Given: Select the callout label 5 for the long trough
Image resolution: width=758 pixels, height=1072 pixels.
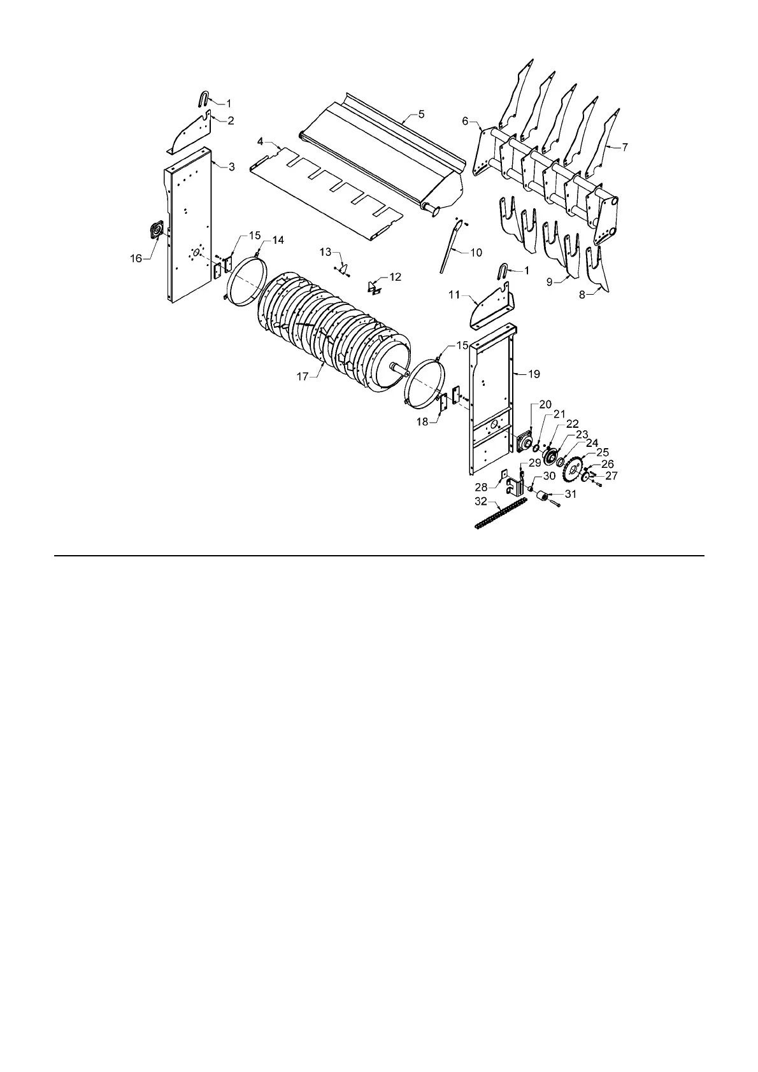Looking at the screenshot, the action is pos(421,114).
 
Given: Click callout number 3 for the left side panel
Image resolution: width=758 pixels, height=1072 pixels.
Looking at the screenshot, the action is pos(231,167).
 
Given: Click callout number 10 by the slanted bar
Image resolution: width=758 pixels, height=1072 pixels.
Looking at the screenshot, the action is pos(476,253).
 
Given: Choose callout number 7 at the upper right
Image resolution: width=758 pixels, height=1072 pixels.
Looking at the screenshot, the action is pos(625,147).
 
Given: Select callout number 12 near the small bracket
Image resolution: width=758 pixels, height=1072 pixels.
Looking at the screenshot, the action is pos(396,277).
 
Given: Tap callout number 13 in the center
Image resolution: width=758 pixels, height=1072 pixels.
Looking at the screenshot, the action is pos(326,252).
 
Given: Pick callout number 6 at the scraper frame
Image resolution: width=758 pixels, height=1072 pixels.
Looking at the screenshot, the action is pos(465,120).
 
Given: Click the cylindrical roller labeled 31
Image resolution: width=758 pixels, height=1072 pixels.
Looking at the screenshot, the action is pos(543,497).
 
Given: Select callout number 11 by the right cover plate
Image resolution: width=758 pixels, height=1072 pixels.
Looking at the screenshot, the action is pos(454,295).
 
